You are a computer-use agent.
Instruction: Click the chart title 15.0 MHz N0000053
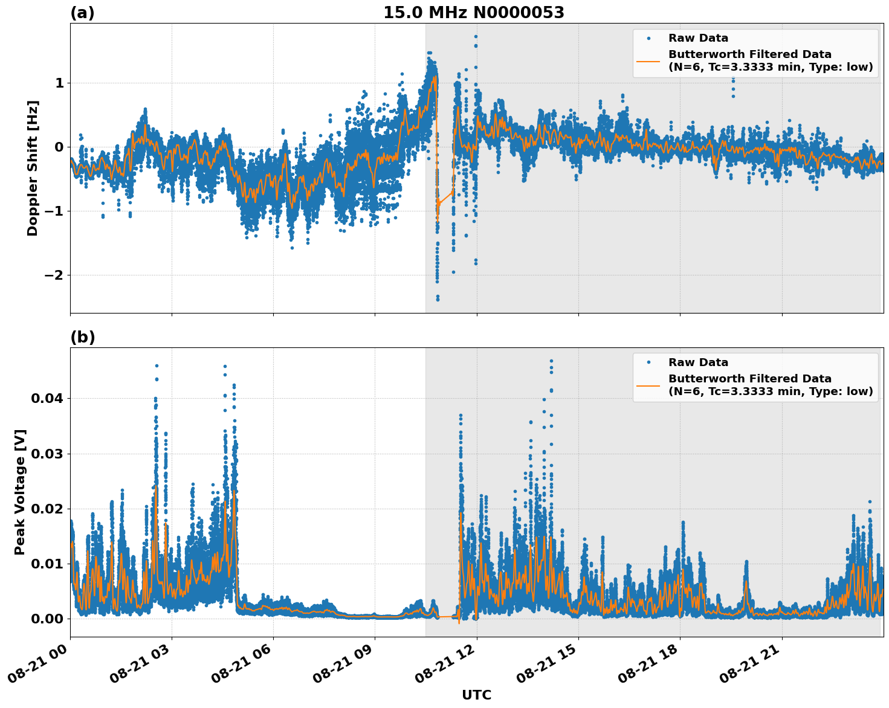tap(473, 13)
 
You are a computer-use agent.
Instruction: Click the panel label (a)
tap(82, 13)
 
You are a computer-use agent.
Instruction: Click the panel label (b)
tap(82, 337)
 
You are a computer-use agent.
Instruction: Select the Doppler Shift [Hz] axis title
tap(33, 168)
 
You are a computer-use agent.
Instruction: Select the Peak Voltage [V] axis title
tap(20, 492)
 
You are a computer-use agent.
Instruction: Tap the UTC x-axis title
tap(476, 695)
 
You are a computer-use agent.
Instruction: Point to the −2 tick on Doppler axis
tap(55, 275)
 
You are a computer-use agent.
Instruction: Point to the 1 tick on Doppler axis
tap(59, 83)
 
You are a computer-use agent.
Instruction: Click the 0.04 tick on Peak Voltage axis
tap(47, 399)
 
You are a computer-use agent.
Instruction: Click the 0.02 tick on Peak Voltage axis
tap(47, 509)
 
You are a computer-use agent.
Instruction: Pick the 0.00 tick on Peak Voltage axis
tap(47, 619)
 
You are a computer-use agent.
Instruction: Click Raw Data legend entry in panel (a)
tap(698, 39)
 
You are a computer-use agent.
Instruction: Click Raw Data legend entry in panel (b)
tap(698, 362)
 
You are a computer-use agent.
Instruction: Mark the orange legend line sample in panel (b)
tap(648, 385)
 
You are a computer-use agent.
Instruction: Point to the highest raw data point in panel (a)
tap(476, 36)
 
